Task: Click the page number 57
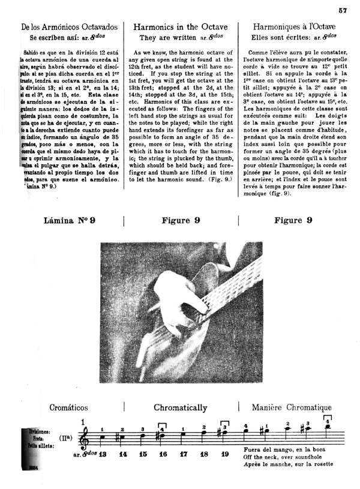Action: tap(343, 10)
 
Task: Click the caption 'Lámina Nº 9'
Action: tap(70, 221)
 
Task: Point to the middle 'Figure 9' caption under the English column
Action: tap(181, 221)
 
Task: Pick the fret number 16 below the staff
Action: tap(163, 455)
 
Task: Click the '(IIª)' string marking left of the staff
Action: tap(68, 440)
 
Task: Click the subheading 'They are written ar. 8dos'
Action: tap(181, 37)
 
